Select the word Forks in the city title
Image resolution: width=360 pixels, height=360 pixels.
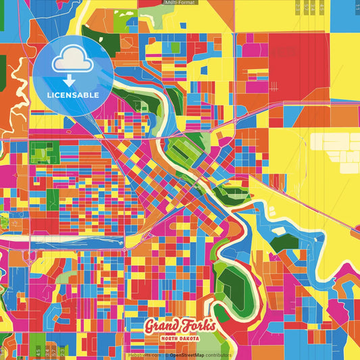point(197,326)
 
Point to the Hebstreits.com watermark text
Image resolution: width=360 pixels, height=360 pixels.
point(144,355)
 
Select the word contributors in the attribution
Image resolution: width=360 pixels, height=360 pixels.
point(217,355)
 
